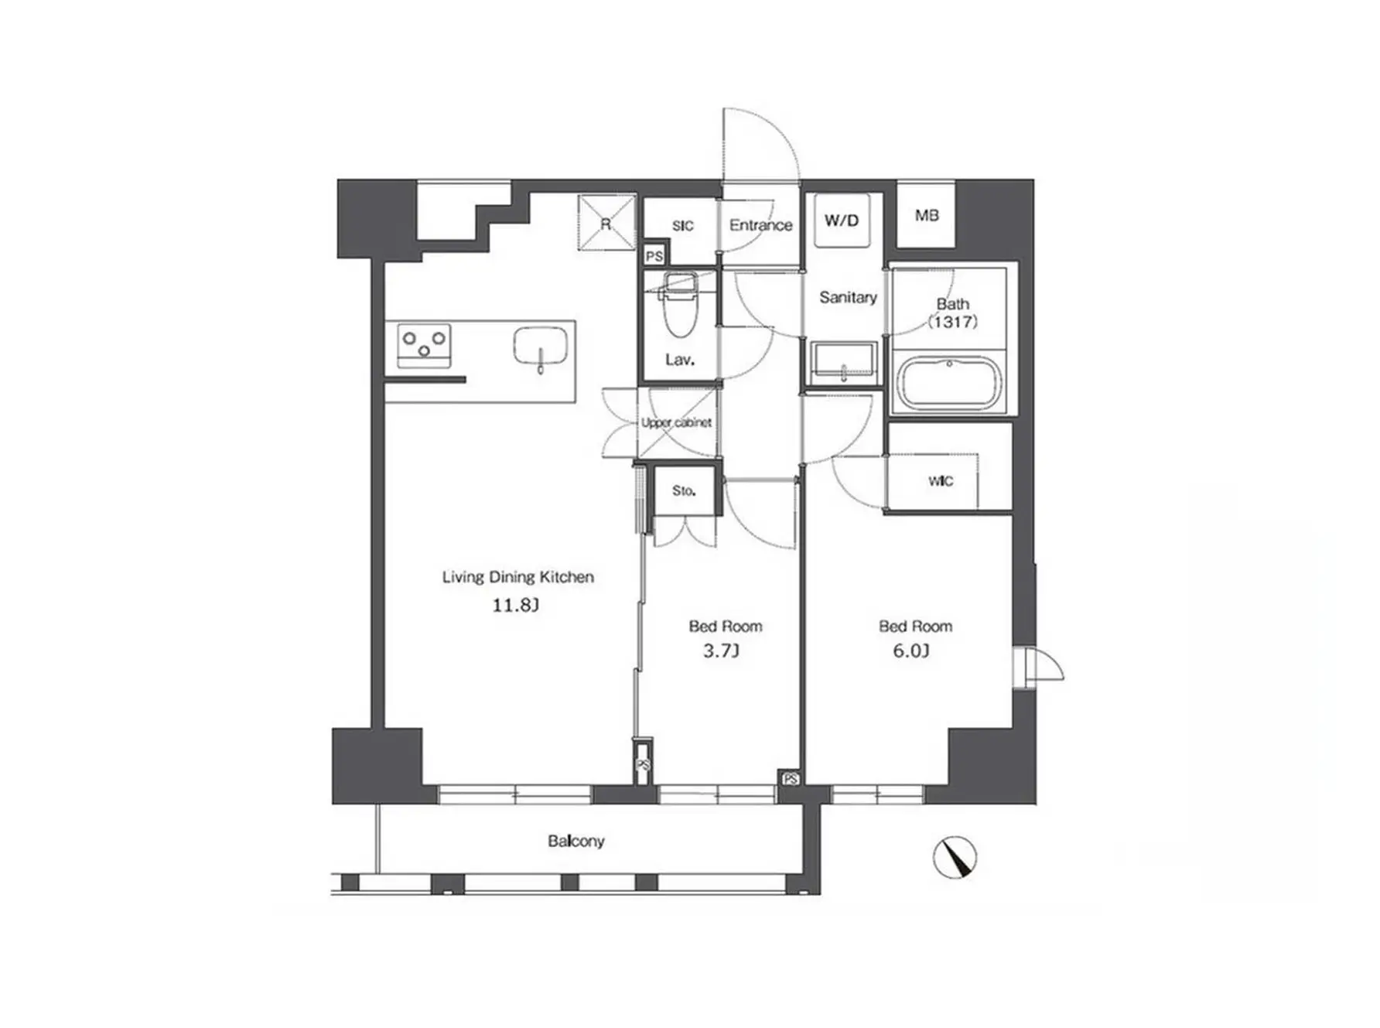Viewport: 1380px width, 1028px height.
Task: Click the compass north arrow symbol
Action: [x=955, y=858]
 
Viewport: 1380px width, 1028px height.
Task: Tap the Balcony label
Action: [x=576, y=841]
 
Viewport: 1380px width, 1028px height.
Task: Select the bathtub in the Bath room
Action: [x=949, y=381]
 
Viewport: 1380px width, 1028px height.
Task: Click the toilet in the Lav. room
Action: [x=681, y=304]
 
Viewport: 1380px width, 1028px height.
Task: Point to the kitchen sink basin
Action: [x=541, y=347]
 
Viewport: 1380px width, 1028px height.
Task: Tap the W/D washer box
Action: [x=842, y=220]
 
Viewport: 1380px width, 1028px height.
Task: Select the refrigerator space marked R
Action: [x=606, y=223]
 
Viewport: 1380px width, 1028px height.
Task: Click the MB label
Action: [x=927, y=215]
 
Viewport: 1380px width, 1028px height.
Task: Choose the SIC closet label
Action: [x=682, y=226]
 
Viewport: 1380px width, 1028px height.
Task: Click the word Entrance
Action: [x=761, y=225]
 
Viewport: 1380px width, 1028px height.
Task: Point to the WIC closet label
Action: [x=941, y=481]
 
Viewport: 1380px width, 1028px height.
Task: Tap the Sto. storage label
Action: [x=684, y=490]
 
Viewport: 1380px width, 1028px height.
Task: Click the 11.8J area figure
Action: [x=516, y=605]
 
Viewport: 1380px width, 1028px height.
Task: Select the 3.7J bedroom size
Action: [x=721, y=651]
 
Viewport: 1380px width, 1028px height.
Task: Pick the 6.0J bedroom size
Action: [x=911, y=651]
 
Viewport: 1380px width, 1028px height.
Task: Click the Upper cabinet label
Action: [x=676, y=423]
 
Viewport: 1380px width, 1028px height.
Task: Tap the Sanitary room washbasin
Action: [x=843, y=363]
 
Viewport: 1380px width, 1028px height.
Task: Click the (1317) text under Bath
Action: [x=952, y=322]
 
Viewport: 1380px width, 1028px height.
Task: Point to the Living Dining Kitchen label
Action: [x=518, y=577]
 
